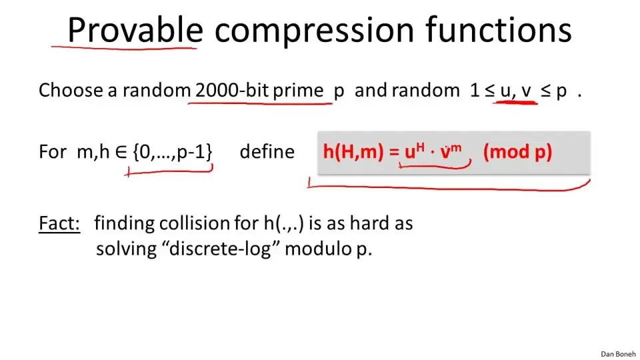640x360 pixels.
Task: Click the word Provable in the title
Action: click(135, 30)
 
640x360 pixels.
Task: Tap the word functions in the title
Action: click(499, 30)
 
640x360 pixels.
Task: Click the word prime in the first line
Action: click(298, 91)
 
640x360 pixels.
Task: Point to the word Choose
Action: click(71, 90)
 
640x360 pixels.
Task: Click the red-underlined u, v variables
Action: click(515, 91)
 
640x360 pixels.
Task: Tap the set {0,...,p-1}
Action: click(172, 151)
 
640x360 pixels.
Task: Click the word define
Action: click(267, 151)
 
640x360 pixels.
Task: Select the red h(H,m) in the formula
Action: click(353, 151)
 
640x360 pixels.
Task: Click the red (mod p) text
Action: click(517, 152)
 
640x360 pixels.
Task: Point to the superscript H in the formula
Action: click(421, 146)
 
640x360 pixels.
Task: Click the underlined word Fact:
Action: click(59, 223)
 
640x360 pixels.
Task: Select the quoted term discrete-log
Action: click(223, 248)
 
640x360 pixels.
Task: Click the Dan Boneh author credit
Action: click(618, 354)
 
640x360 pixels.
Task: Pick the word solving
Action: click(126, 249)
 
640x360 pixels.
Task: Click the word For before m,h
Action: click(52, 152)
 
